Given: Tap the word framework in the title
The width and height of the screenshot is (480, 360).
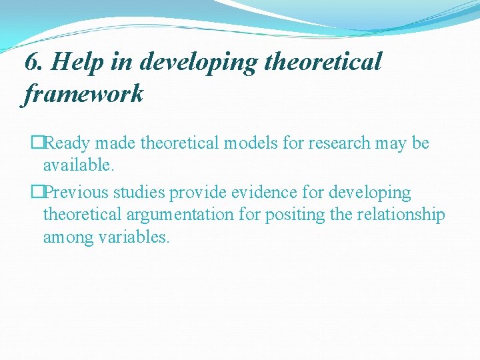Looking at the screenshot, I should (x=83, y=94).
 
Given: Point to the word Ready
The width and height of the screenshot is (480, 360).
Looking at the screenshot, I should (x=70, y=143).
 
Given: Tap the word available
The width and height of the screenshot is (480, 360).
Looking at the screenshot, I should (x=74, y=165).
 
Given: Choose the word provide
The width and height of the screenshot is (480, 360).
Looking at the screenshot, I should (x=196, y=193).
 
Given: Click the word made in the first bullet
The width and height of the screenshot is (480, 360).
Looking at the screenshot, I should (x=119, y=143).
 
